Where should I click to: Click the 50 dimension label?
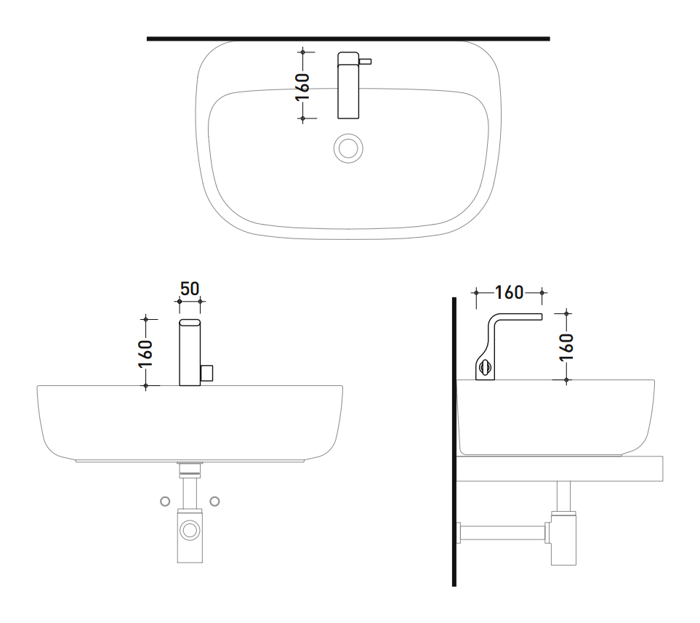pos(190,289)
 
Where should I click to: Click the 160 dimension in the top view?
pos(302,87)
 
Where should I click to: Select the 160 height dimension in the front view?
pos(145,354)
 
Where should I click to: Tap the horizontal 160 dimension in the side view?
pos(509,292)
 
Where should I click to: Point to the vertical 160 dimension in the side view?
pos(566,347)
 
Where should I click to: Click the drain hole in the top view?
pos(348,148)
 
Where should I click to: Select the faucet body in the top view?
pos(348,85)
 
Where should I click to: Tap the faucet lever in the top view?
pos(365,62)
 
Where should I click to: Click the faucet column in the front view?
pos(190,353)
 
